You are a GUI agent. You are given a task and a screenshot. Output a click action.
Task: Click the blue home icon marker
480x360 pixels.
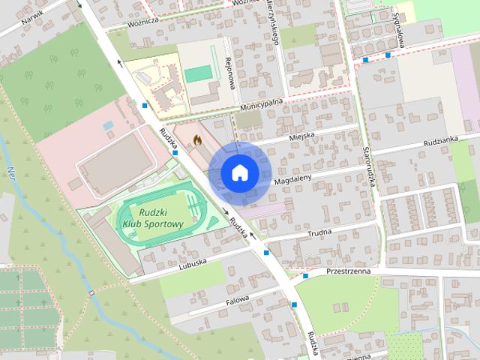[x=239, y=172]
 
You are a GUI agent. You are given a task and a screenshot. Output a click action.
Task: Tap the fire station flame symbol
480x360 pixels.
[x=197, y=139]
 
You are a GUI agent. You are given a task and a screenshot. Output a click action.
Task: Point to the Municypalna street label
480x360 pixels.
[x=261, y=104]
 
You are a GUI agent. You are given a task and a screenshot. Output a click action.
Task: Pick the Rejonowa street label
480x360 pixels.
[x=231, y=75]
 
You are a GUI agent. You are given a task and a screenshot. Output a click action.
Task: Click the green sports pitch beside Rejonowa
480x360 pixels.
[x=199, y=73]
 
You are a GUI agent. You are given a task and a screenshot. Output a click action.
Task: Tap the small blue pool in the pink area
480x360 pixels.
[x=109, y=125]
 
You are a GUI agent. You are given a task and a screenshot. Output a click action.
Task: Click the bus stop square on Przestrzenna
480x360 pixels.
[x=305, y=277]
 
